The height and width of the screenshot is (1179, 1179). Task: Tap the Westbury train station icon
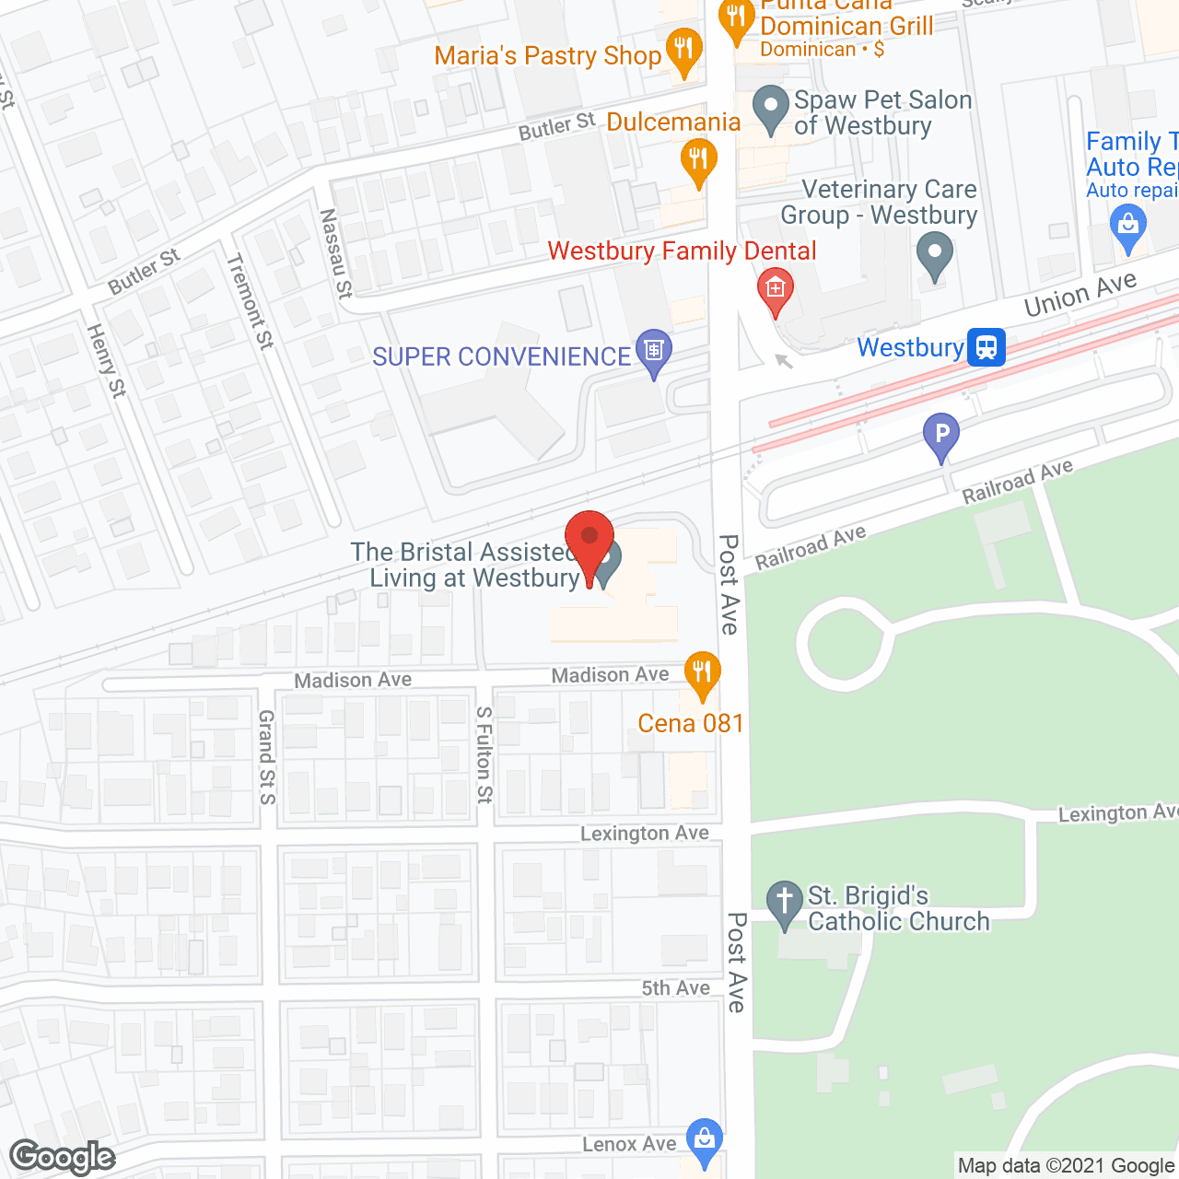tap(986, 347)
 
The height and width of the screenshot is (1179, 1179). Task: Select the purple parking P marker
tap(941, 433)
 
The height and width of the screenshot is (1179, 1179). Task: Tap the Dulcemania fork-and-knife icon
tap(698, 158)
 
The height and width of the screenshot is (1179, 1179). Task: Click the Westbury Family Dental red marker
tap(776, 288)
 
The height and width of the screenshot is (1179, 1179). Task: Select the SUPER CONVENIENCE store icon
tap(654, 351)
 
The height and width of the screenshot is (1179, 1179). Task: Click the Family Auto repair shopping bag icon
tap(1128, 225)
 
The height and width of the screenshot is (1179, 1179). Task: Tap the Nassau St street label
tap(335, 253)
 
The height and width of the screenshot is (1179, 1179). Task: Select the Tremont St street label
tap(251, 301)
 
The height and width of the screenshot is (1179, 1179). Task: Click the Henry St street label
tap(106, 360)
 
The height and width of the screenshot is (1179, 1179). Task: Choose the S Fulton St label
tap(484, 754)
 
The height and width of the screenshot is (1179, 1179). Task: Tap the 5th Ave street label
tap(676, 988)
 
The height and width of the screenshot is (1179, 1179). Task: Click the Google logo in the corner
tap(63, 1156)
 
